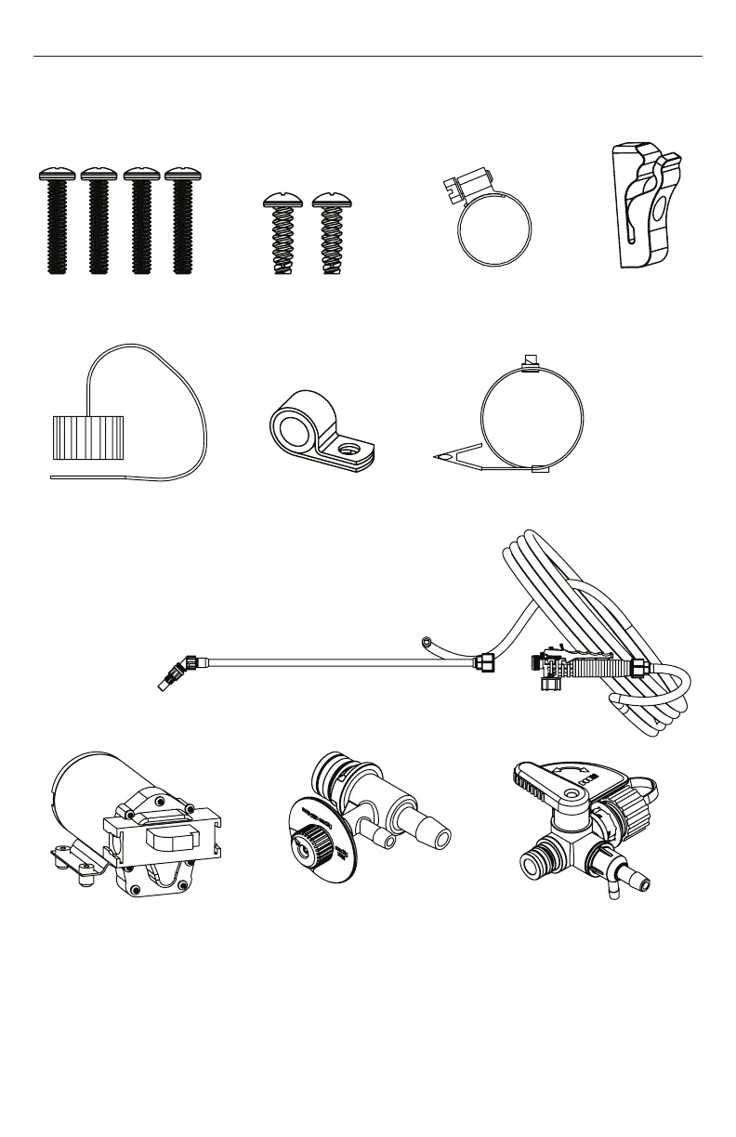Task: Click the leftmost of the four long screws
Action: click(x=56, y=223)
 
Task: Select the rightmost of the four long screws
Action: click(x=183, y=223)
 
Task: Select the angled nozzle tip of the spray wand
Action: click(x=169, y=675)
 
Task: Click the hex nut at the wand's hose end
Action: click(x=485, y=663)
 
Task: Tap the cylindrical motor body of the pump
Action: click(x=93, y=785)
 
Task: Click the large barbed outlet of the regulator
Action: click(x=430, y=826)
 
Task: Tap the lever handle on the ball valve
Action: click(x=548, y=780)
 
